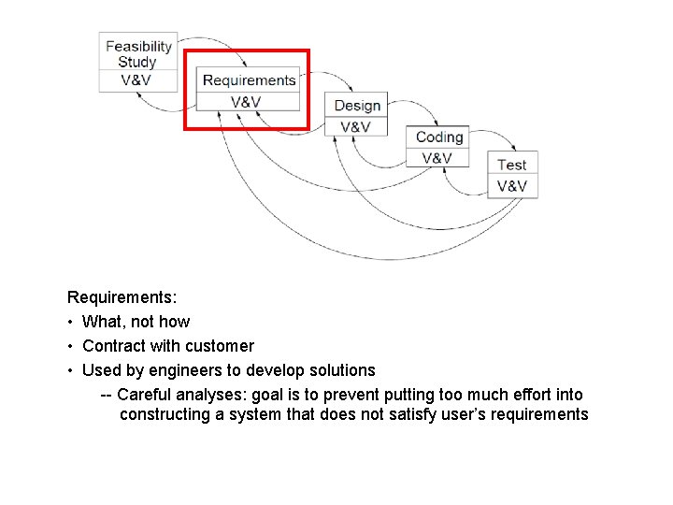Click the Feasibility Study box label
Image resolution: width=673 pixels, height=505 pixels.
(138, 53)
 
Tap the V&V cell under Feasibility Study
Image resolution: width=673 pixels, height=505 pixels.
(136, 80)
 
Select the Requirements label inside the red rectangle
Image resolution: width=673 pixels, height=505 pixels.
(249, 80)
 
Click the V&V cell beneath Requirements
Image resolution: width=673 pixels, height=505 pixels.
(246, 102)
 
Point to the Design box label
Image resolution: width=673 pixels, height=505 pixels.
(357, 106)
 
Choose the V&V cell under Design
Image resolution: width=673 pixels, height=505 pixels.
(355, 127)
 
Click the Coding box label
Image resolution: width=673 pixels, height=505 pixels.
(439, 137)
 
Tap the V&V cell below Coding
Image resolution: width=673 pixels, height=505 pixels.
(437, 158)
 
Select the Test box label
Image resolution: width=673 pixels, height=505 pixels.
(512, 166)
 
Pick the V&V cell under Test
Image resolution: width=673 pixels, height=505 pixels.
(512, 186)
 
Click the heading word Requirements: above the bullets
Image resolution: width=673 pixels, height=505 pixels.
(122, 297)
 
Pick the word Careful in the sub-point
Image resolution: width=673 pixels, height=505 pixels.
(146, 395)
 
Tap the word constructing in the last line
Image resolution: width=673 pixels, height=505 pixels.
(165, 415)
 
